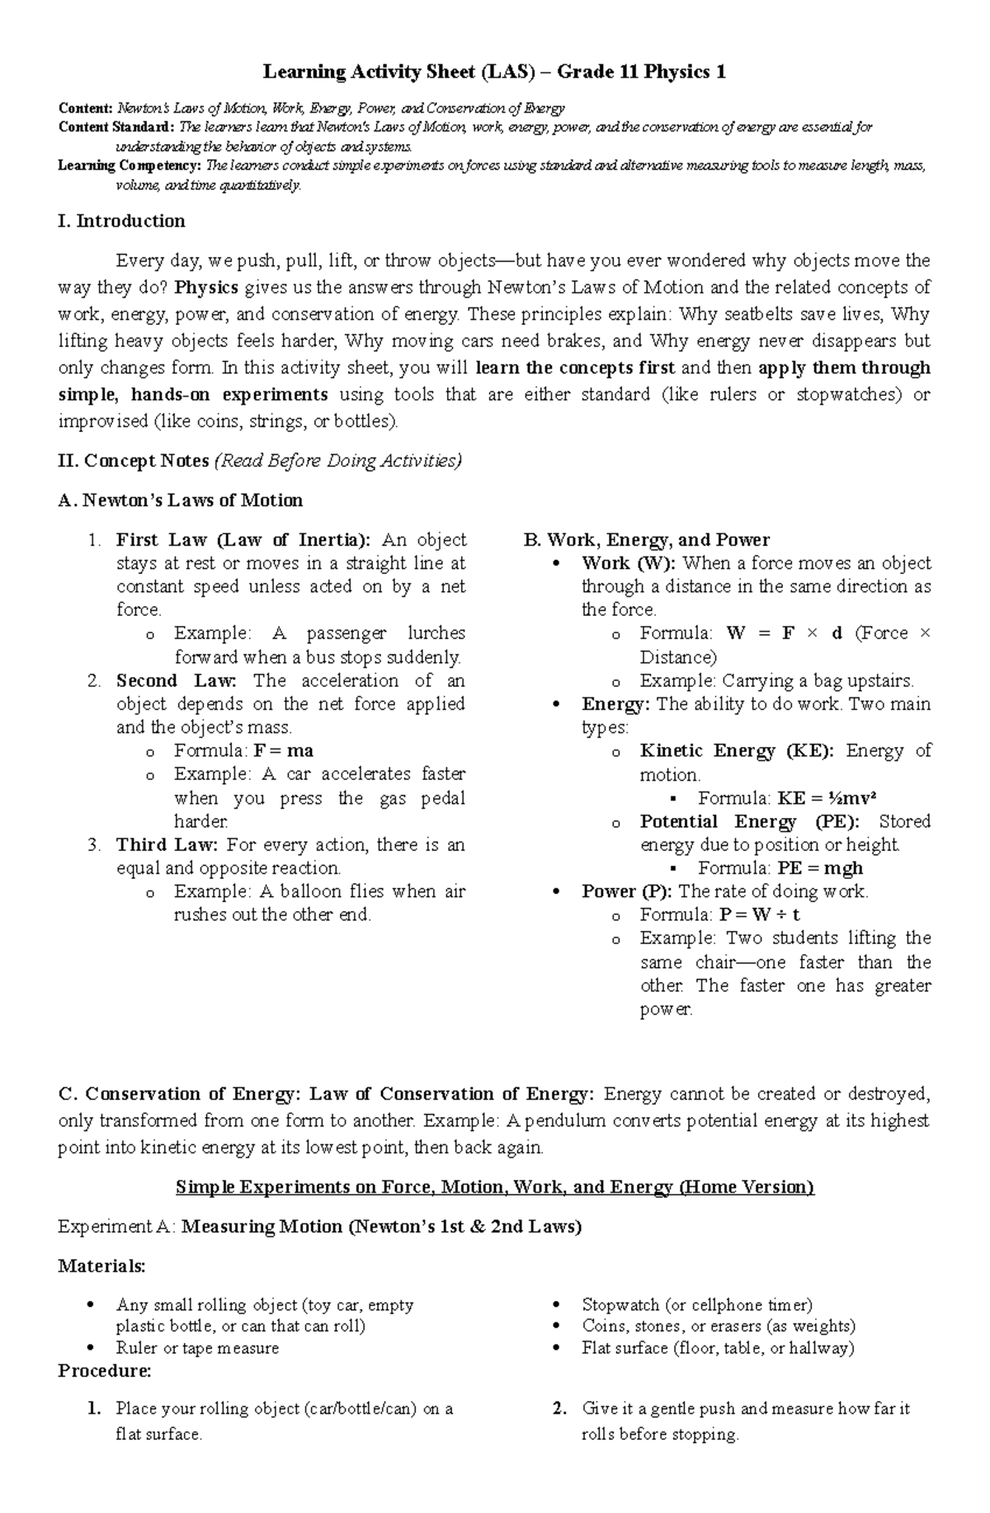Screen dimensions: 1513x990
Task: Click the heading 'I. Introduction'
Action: [122, 221]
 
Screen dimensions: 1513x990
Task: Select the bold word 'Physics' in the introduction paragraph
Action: [207, 288]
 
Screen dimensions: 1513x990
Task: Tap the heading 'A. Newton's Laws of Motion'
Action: [181, 500]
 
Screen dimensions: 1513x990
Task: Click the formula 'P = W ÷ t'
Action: [759, 914]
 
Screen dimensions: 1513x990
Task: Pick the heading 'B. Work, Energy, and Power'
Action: [646, 540]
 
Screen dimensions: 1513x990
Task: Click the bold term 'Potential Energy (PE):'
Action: [749, 822]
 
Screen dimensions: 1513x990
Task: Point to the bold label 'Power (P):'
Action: [627, 891]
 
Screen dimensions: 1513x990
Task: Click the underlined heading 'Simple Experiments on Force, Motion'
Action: [495, 1187]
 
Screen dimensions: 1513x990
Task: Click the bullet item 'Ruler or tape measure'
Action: [197, 1348]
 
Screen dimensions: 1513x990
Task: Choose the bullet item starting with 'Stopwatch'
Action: [697, 1305]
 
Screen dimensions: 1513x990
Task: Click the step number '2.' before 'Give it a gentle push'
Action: [560, 1409]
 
